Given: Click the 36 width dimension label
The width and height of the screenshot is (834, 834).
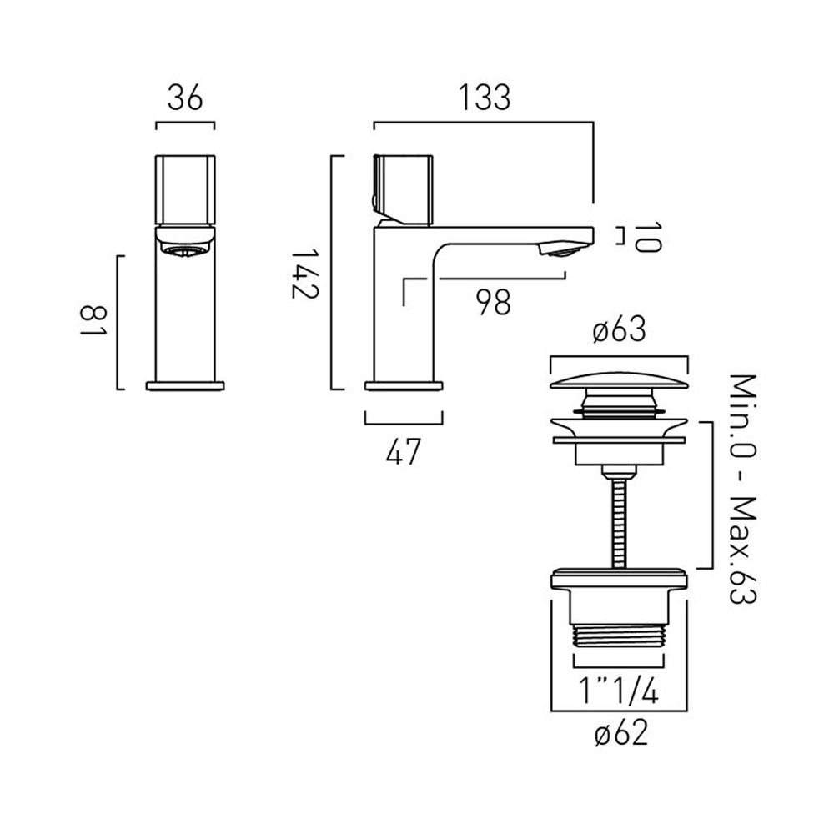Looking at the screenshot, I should (x=185, y=98).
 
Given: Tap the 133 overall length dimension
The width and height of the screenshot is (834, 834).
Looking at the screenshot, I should (x=483, y=98).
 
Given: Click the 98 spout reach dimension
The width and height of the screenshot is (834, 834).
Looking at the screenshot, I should (x=494, y=302).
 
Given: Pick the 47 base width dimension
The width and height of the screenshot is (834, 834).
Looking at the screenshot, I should (x=404, y=452).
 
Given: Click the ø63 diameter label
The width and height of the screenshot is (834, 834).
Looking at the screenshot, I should (x=619, y=331).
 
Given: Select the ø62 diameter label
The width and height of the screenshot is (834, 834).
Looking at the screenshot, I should (x=619, y=734).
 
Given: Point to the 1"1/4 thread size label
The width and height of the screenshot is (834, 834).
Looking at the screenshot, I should (x=619, y=690).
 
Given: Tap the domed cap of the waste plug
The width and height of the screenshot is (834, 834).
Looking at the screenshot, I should (x=619, y=383).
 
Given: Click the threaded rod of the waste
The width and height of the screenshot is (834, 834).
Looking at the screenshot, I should (x=619, y=517).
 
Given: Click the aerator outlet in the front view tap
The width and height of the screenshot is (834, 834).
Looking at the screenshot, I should (x=185, y=251).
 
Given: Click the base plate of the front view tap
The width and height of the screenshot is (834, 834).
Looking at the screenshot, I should (x=185, y=384).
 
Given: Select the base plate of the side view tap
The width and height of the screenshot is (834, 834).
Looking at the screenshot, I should (x=404, y=384).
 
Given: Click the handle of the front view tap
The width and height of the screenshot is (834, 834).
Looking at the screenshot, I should (x=185, y=189).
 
